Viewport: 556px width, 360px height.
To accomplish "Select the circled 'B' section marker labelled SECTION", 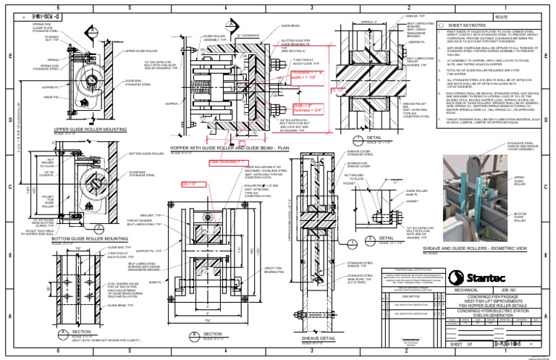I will point(196,335).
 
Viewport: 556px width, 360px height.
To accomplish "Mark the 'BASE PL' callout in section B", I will point(153,282).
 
